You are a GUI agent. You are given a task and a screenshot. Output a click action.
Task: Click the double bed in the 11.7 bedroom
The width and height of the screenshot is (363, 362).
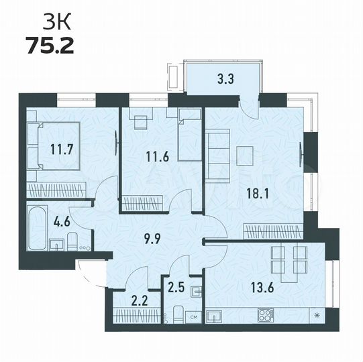(48, 143)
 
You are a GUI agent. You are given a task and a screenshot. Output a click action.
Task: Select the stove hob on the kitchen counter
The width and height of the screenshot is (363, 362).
(264, 314)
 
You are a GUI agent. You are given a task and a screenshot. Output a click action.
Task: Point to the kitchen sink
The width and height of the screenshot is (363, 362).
(215, 315)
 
